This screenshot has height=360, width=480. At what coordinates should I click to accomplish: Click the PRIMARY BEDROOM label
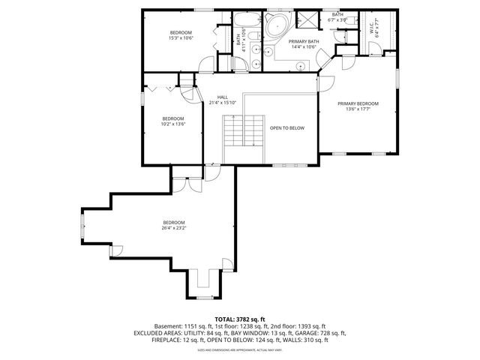pyautogui.click(x=357, y=103)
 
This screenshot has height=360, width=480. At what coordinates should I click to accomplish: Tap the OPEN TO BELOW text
pyautogui.click(x=287, y=128)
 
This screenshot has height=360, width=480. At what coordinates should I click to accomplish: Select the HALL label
pyautogui.click(x=223, y=97)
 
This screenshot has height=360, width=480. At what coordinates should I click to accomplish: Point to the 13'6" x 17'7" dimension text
pyautogui.click(x=357, y=109)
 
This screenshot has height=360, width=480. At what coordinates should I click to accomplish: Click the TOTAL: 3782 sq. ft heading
pyautogui.click(x=241, y=319)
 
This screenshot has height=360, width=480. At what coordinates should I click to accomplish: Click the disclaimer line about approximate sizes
pyautogui.click(x=240, y=349)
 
